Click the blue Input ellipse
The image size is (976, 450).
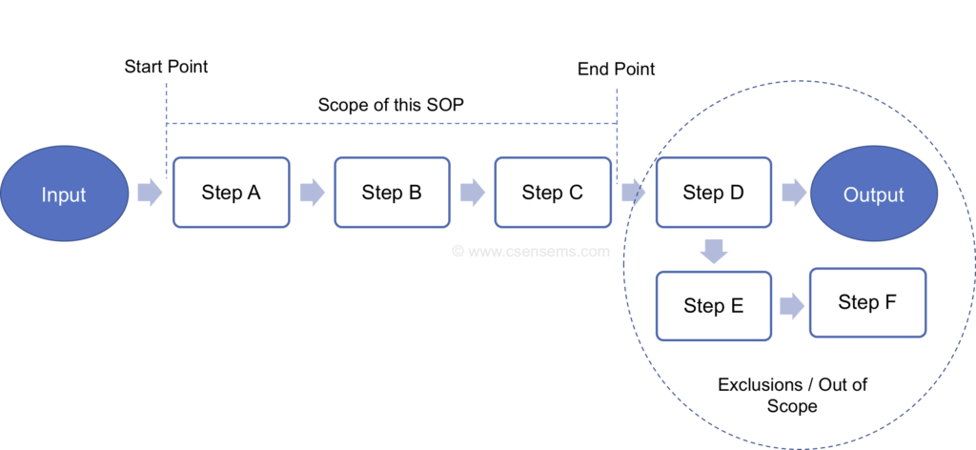[x=64, y=194]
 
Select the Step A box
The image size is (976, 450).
[x=231, y=193]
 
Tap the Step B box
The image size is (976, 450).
[x=392, y=193]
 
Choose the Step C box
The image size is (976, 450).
[x=552, y=193]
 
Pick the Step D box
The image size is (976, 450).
[x=714, y=193]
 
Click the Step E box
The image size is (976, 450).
[x=714, y=306]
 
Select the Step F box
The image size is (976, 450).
[x=867, y=302]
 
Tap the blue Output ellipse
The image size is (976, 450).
[x=873, y=194]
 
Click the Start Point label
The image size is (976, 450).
[x=166, y=68]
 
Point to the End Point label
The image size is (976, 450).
[x=617, y=70]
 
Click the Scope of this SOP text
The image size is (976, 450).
[x=391, y=105]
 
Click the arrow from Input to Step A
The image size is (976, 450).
[x=150, y=194]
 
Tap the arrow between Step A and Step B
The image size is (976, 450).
[x=312, y=194]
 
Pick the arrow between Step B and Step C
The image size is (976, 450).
[x=472, y=194]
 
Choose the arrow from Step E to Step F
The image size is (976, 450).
[x=790, y=306]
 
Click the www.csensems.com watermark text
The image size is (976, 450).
[x=530, y=253]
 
